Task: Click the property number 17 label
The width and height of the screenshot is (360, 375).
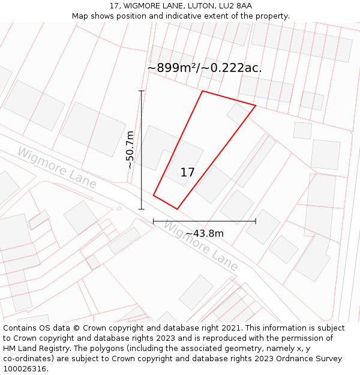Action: click(x=187, y=173)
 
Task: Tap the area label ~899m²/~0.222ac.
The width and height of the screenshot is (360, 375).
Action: click(x=205, y=68)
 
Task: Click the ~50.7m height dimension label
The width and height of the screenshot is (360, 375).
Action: click(x=130, y=150)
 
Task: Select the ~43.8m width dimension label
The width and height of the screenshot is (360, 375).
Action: click(x=204, y=233)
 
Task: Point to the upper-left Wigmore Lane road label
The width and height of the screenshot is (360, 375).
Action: click(x=56, y=168)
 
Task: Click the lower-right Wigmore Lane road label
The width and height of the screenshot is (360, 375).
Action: click(x=200, y=246)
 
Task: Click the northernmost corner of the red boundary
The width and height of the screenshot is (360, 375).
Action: click(x=203, y=91)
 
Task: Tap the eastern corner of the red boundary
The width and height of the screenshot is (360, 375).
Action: click(x=256, y=106)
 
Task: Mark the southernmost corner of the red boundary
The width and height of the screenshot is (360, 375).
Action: click(x=177, y=209)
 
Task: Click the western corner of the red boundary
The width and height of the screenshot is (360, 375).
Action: click(x=154, y=195)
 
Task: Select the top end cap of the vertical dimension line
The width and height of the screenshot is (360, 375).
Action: click(x=142, y=91)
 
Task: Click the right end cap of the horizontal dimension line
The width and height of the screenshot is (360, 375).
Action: click(x=256, y=221)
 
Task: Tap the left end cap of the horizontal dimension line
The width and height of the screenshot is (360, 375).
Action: click(x=154, y=221)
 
